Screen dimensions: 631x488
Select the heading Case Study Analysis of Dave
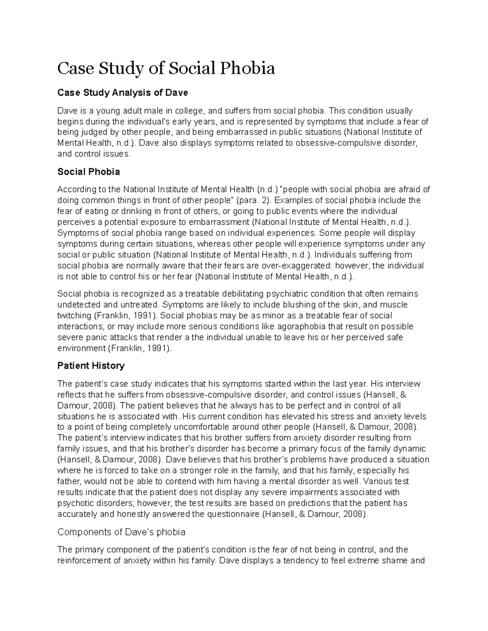click(122, 93)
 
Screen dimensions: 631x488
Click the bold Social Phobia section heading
click(89, 172)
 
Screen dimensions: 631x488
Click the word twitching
click(74, 316)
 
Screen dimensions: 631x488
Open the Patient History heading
click(91, 366)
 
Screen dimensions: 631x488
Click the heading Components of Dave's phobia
click(121, 532)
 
